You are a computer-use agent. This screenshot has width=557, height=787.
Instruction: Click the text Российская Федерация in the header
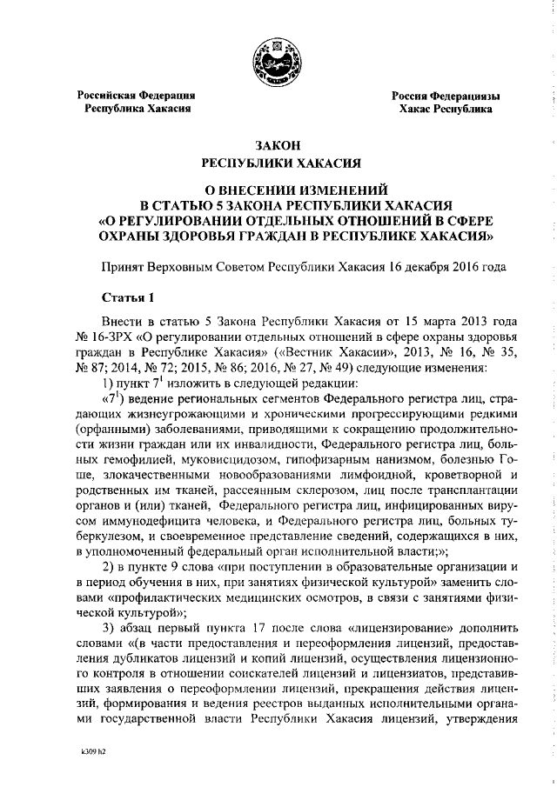pyautogui.click(x=137, y=95)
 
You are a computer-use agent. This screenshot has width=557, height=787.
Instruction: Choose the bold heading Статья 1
pyautogui.click(x=126, y=297)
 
